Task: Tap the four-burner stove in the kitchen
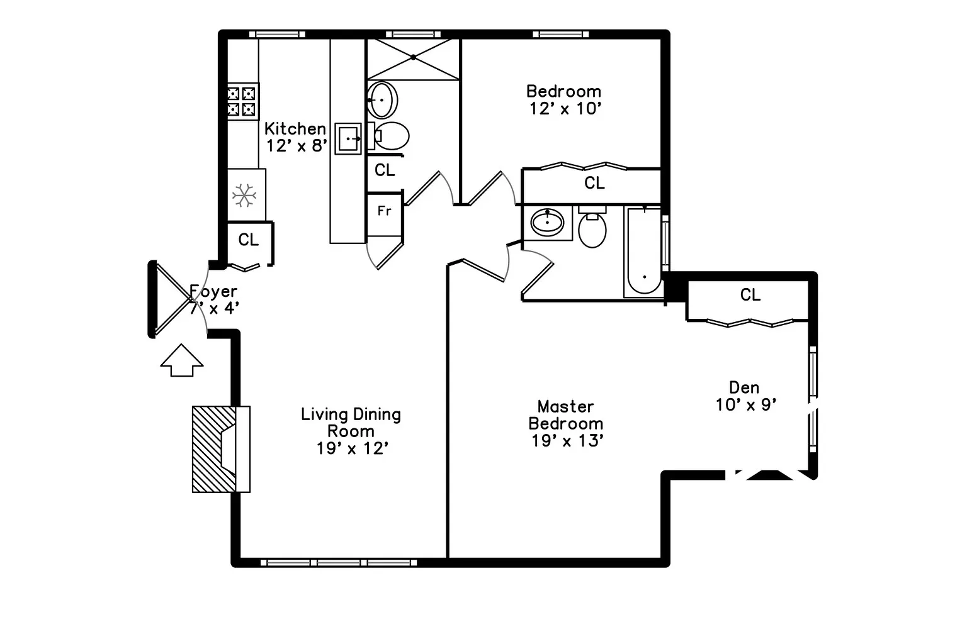point(242,101)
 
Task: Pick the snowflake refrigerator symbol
point(244,196)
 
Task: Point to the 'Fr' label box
point(384,211)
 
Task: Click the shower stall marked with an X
point(414,58)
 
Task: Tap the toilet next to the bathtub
point(592,228)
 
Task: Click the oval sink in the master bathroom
point(548,222)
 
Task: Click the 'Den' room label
point(744,387)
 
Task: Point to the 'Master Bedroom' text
point(566,415)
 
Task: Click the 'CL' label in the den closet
point(750,294)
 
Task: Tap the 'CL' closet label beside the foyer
point(249,240)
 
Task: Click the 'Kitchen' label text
point(295,129)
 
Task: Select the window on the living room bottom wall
point(339,562)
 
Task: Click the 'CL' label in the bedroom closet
point(594,183)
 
